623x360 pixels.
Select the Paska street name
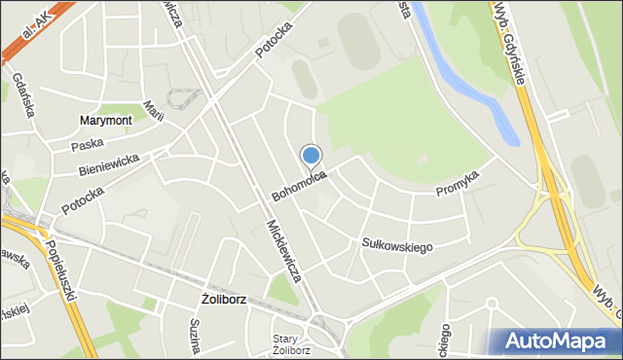(x=88, y=145)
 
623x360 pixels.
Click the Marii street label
(x=151, y=112)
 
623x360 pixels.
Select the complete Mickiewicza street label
(x=283, y=252)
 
